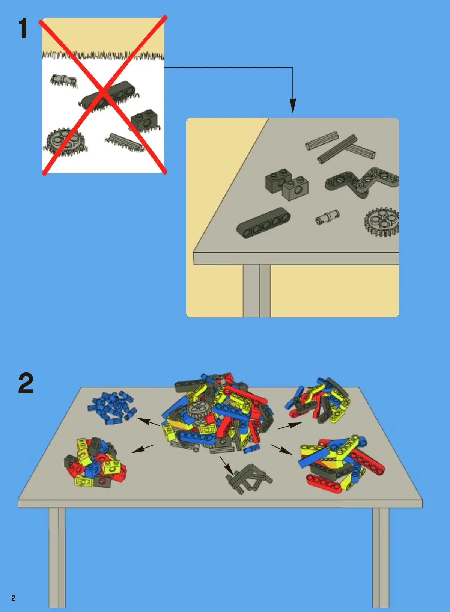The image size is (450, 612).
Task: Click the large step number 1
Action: click(x=23, y=28)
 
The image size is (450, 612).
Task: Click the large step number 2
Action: click(x=26, y=383)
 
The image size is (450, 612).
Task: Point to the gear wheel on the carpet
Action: click(x=65, y=142)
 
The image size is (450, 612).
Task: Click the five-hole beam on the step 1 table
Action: click(x=263, y=223)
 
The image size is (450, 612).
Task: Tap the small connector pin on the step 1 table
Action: click(x=327, y=217)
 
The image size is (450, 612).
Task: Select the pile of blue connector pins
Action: click(x=112, y=408)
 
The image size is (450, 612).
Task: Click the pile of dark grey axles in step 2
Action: click(x=248, y=479)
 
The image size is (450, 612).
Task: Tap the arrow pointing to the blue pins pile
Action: click(x=148, y=422)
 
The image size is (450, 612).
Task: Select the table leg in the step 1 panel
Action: click(x=257, y=291)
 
